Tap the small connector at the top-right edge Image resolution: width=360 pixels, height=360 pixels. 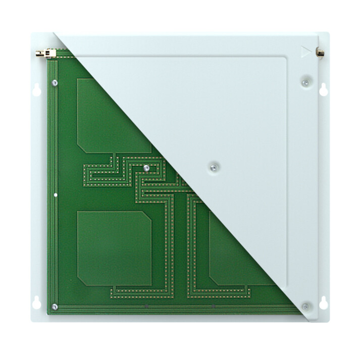pyautogui.click(x=320, y=52)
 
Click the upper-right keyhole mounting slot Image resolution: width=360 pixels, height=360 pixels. pyautogui.click(x=323, y=89)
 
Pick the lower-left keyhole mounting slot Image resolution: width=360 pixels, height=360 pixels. pyautogui.click(x=36, y=303)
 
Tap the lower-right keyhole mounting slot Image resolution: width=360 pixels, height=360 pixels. pyautogui.click(x=323, y=303)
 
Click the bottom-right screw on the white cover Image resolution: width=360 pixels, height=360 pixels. pyautogui.click(x=305, y=306)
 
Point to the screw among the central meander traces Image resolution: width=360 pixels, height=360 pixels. pyautogui.click(x=145, y=168)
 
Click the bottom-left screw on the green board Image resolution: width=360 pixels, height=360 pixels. pyautogui.click(x=55, y=306)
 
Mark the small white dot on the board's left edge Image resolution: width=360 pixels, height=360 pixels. pyautogui.click(x=56, y=195)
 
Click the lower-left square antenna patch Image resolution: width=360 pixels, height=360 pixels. pyautogui.click(x=114, y=247)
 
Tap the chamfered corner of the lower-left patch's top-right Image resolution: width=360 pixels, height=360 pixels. pyautogui.click(x=146, y=217)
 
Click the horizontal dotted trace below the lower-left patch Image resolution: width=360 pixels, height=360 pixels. pyautogui.click(x=141, y=290)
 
